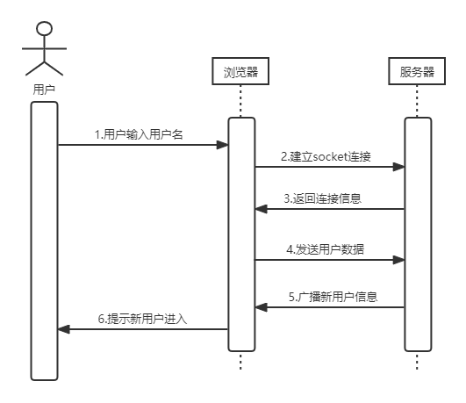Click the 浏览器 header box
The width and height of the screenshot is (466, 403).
point(240,71)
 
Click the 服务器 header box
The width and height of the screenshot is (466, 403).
point(417,71)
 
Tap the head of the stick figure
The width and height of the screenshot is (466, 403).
point(44,29)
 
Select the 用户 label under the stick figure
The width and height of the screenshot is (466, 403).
point(44,90)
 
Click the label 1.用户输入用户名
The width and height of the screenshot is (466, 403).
point(139,134)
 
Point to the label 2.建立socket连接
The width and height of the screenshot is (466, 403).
point(326,156)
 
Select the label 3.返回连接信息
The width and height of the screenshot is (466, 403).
point(323,198)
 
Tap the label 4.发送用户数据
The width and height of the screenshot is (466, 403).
point(326,249)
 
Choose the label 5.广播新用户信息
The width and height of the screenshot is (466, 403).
point(333,297)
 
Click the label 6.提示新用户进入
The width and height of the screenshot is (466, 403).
point(143,319)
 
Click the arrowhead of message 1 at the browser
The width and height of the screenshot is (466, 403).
point(222,145)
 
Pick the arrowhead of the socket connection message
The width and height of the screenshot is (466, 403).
point(398,167)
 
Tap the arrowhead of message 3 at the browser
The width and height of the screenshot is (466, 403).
point(261,209)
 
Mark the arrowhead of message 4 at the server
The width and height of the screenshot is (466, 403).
point(398,260)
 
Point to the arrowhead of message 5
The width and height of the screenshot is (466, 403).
point(261,307)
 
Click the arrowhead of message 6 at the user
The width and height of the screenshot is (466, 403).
point(63,329)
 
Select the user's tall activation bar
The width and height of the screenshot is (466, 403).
point(44,241)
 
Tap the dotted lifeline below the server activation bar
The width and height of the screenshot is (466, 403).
point(417,361)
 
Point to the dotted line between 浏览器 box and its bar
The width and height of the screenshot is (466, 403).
point(240,101)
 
